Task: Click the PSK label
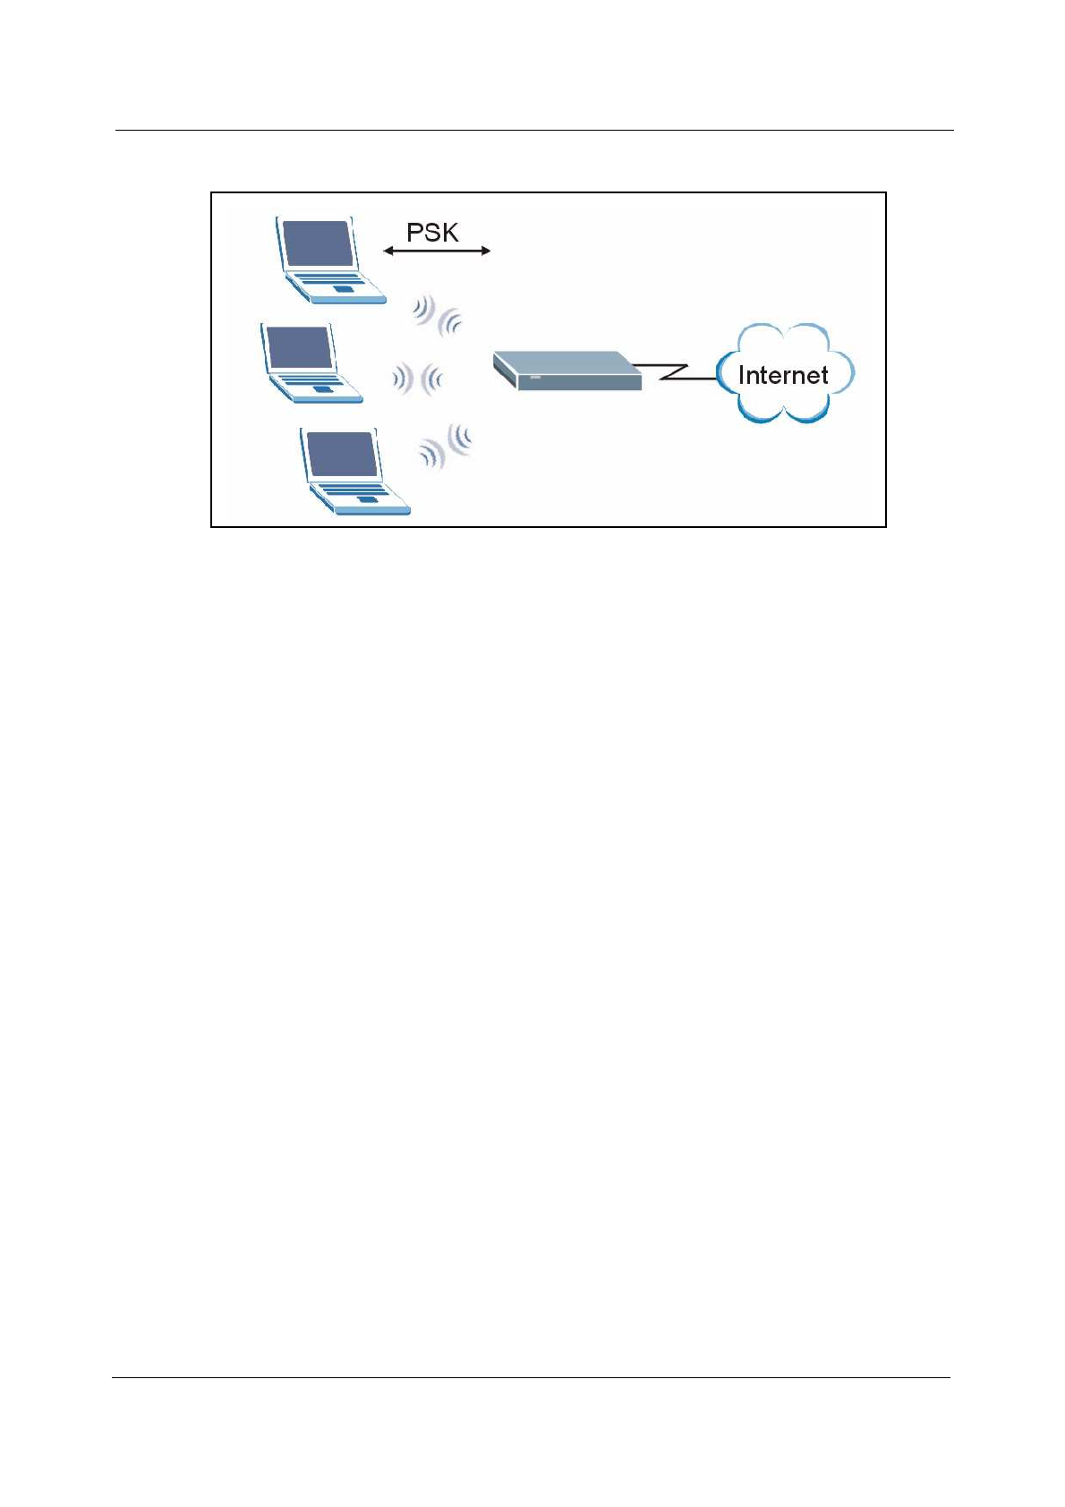click(432, 233)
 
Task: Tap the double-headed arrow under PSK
click(437, 251)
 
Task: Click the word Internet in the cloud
click(783, 375)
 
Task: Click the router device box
click(567, 370)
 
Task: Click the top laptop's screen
click(316, 243)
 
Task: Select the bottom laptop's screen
click(340, 455)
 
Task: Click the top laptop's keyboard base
click(336, 286)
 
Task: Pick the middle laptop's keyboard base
click(317, 387)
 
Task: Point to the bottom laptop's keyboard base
click(359, 497)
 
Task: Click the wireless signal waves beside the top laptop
click(438, 316)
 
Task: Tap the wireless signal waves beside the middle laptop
click(417, 379)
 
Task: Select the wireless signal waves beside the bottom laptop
click(446, 446)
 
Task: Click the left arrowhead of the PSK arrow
click(388, 251)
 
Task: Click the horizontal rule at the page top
click(533, 131)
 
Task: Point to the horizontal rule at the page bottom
click(531, 1377)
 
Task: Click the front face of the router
click(582, 382)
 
